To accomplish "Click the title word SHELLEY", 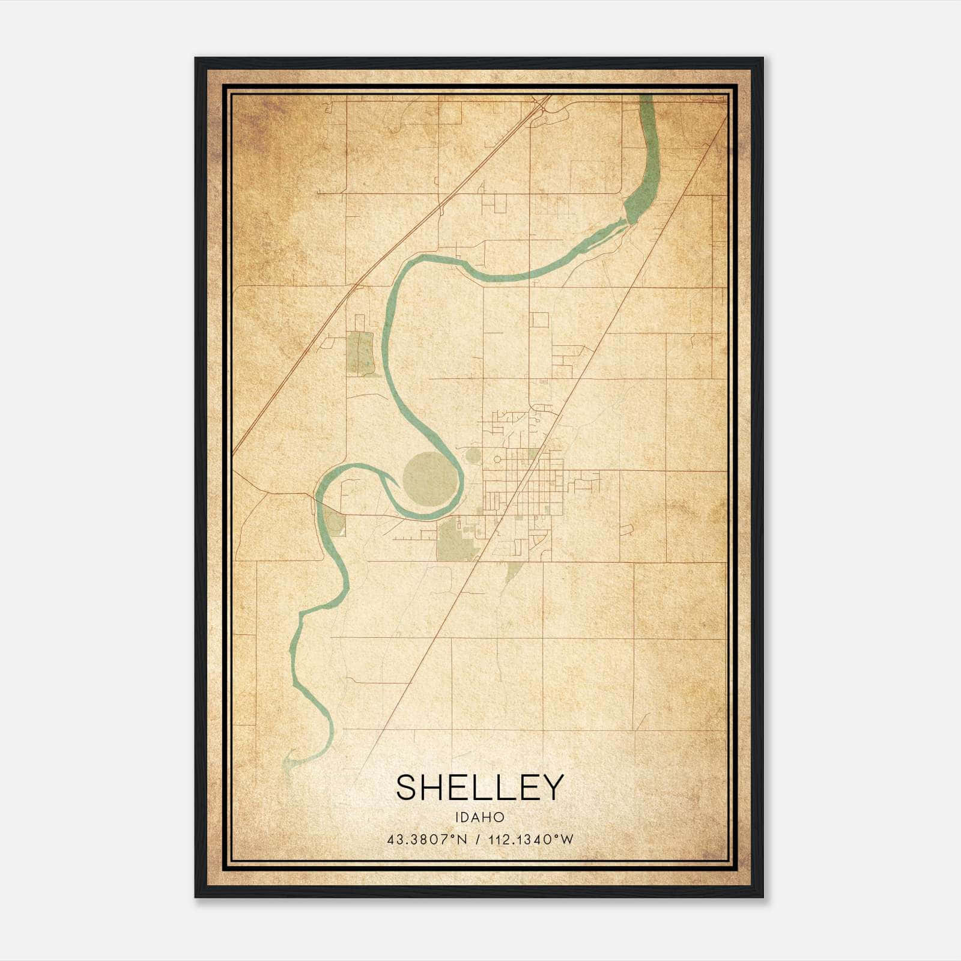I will (480, 787).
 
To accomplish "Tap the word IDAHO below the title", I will (480, 817).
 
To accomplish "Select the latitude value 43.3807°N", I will (427, 840).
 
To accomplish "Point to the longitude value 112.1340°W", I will (531, 840).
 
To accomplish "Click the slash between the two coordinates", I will (477, 840).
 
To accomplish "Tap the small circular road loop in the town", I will (497, 460).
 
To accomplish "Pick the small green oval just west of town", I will (473, 456).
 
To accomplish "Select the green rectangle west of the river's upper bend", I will (360, 353).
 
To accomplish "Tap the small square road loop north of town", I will (539, 320).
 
